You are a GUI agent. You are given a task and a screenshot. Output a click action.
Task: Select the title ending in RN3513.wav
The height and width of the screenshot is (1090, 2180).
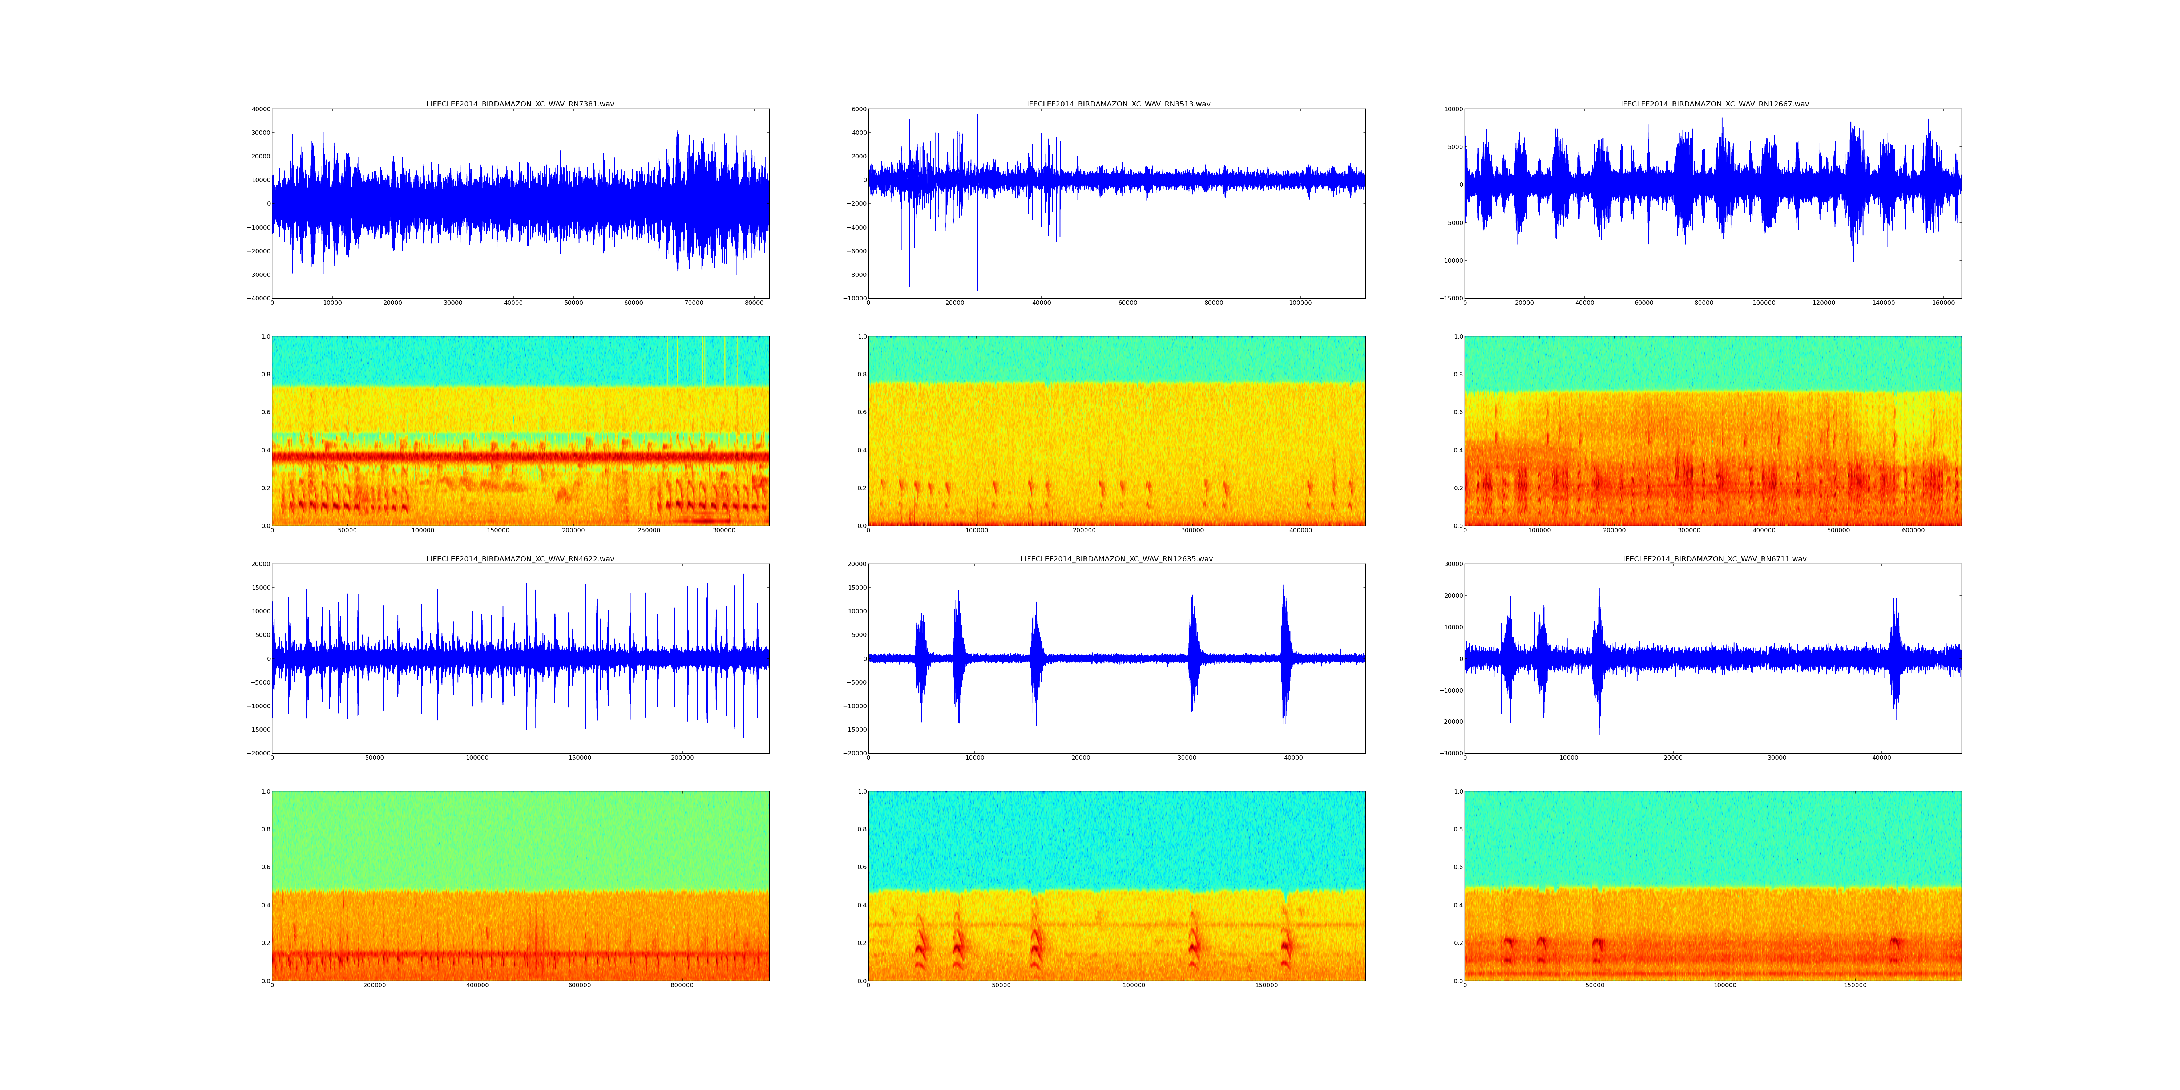coord(1116,104)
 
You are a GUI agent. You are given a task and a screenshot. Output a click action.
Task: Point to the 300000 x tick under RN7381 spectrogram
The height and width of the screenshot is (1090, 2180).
coord(724,530)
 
